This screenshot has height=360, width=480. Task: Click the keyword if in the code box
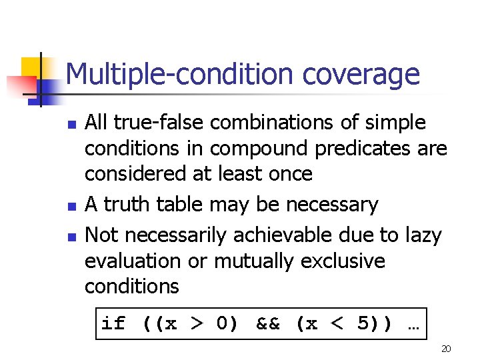[113, 324]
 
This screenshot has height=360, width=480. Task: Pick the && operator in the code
[269, 324]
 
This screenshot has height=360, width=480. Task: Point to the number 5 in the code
[363, 324]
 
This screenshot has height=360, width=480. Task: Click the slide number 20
[446, 349]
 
